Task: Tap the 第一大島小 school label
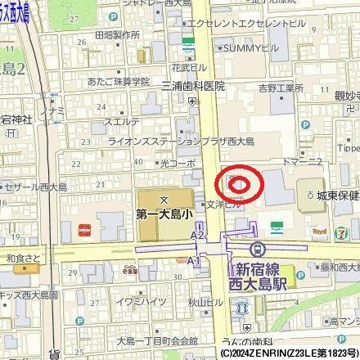(164, 215)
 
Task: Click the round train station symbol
(256, 250)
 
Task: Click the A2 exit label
(197, 236)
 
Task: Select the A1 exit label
(193, 260)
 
